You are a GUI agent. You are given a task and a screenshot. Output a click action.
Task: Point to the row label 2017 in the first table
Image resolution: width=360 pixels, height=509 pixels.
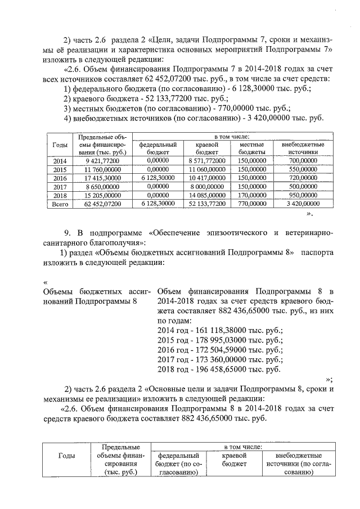60,187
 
